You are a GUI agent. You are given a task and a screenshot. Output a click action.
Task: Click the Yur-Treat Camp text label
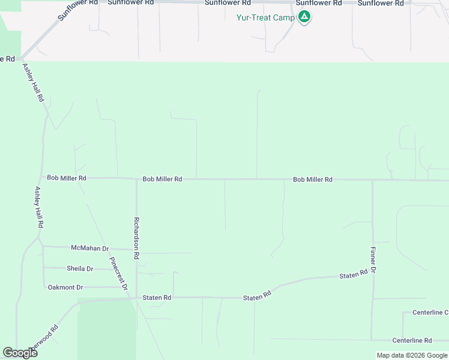[x=265, y=17]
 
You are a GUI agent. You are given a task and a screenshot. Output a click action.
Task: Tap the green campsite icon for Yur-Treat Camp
[x=305, y=17]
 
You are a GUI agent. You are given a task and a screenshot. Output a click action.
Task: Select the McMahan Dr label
[x=89, y=248]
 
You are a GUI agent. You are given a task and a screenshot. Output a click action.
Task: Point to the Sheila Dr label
[x=80, y=269]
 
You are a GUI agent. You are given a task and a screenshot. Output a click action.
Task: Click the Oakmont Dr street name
[x=65, y=287]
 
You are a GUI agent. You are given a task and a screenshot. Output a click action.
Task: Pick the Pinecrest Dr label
[x=119, y=274]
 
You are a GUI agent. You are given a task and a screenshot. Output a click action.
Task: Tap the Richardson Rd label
[x=137, y=238]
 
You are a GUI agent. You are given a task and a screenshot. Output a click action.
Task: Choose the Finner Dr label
[x=373, y=260]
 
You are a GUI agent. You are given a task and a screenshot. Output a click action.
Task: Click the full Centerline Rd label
[x=412, y=340]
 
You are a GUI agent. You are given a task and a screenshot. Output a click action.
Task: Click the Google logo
[x=20, y=352]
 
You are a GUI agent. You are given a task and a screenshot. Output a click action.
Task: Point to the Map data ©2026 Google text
[x=412, y=355]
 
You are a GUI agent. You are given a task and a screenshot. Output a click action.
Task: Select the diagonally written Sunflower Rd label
[x=79, y=11]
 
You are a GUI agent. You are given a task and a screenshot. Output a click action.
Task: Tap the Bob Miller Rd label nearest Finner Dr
[x=313, y=179]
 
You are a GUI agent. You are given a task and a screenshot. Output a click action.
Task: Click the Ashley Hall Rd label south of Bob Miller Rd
[x=39, y=206]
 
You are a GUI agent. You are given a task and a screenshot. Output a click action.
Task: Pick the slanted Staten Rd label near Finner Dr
[x=353, y=275]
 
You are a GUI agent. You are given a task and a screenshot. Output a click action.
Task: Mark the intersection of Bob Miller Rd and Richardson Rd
[x=136, y=179]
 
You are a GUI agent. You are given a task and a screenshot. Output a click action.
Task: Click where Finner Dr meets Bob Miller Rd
[x=373, y=179]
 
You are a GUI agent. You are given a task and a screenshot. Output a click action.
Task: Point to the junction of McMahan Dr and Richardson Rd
[x=136, y=249]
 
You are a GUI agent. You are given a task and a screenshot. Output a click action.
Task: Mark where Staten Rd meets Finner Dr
[x=372, y=275]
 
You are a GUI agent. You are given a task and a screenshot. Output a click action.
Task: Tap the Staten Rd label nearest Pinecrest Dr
[x=157, y=298]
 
